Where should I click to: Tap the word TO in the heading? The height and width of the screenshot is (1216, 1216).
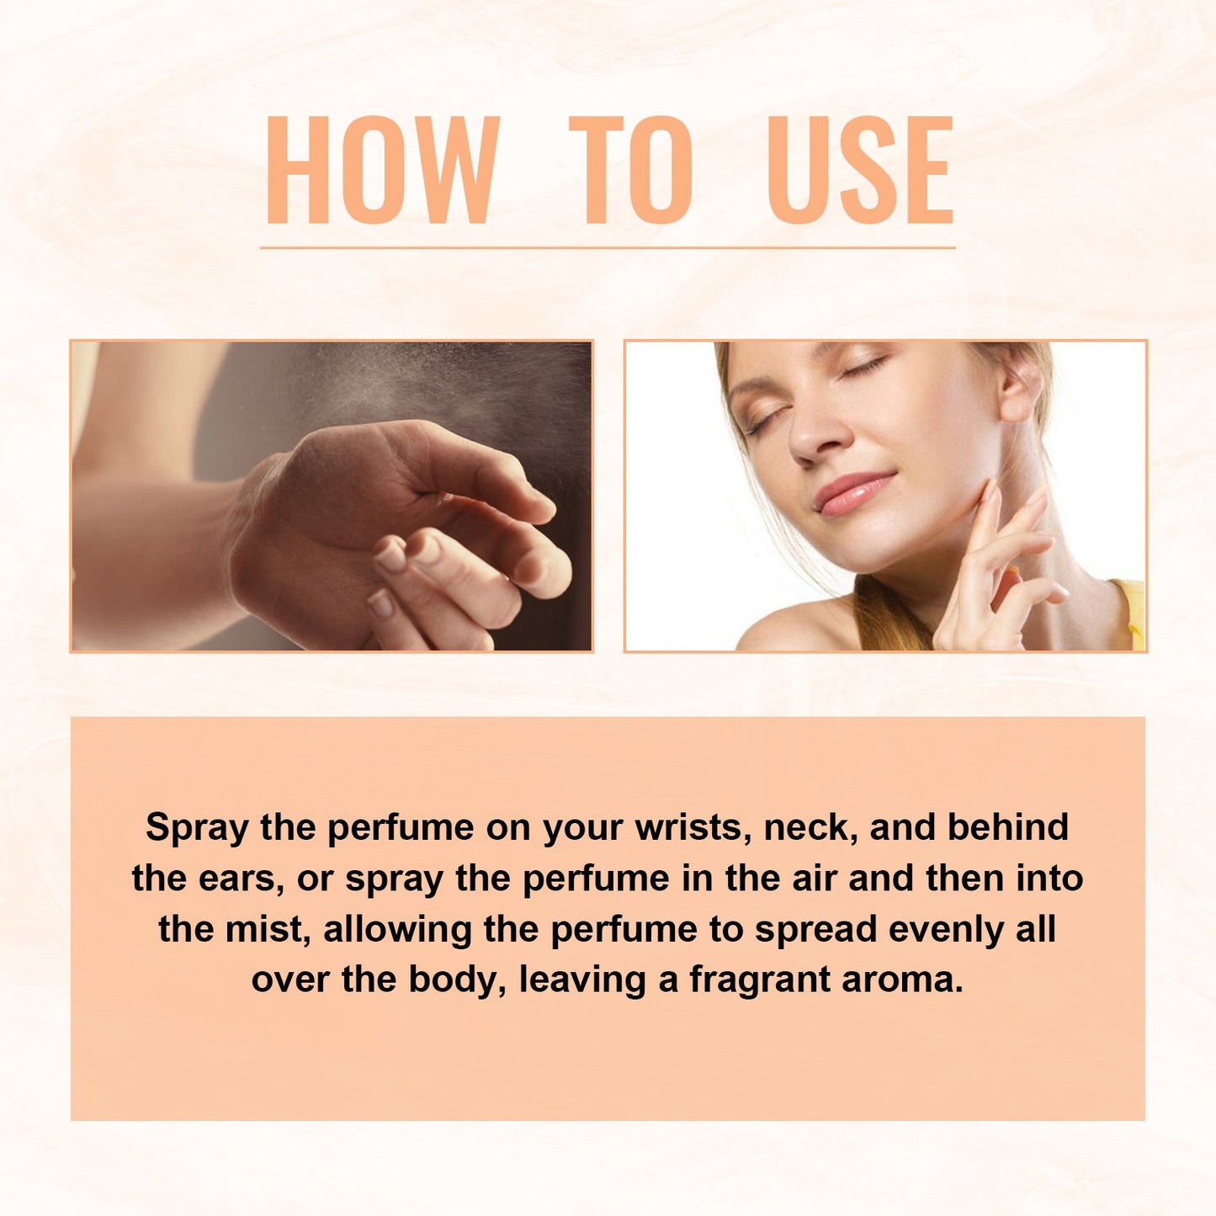click(631, 170)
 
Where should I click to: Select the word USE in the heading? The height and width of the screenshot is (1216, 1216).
click(860, 170)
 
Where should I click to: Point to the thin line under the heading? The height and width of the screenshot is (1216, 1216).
click(608, 247)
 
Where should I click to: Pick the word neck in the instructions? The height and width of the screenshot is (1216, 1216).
click(810, 828)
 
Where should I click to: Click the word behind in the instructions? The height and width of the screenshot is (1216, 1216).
click(1008, 828)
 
